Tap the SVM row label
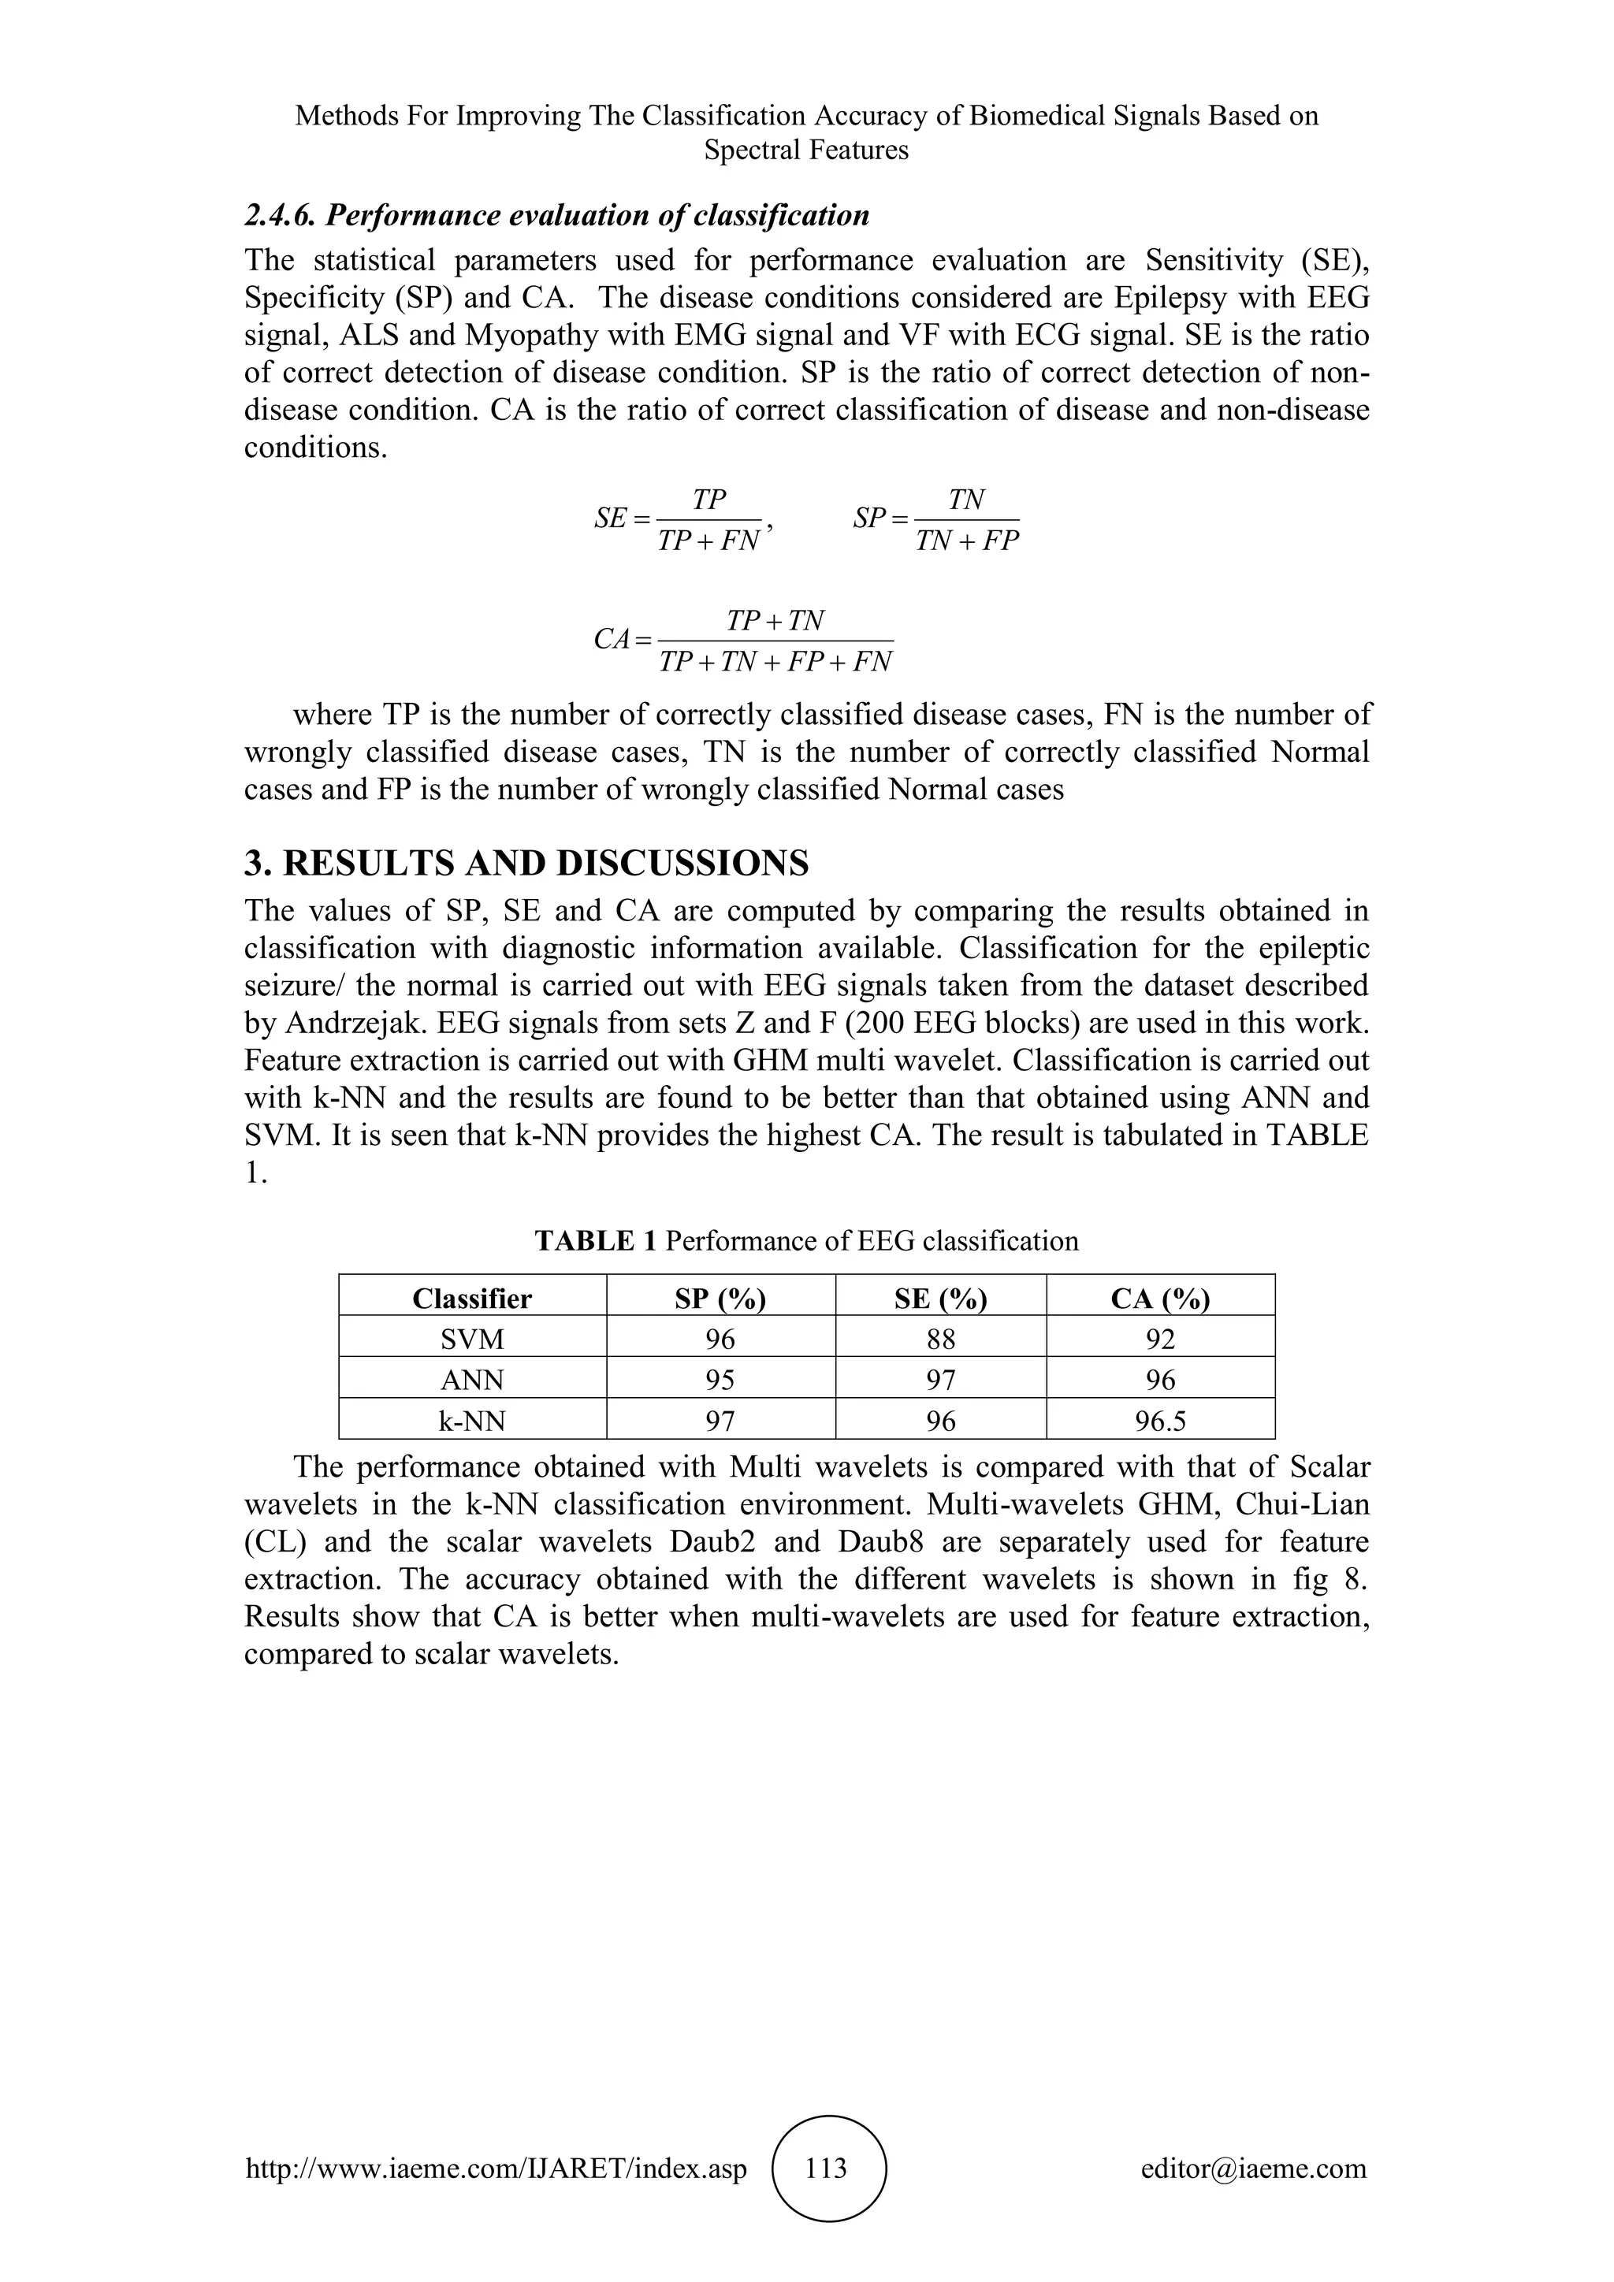point(472,1339)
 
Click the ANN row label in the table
point(472,1380)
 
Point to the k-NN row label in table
point(472,1422)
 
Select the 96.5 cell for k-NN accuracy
point(1160,1422)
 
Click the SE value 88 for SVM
point(940,1339)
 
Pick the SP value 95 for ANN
point(720,1380)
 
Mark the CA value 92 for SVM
point(1160,1339)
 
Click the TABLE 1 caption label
point(597,1240)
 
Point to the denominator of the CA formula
point(775,662)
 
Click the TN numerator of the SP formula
point(966,500)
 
